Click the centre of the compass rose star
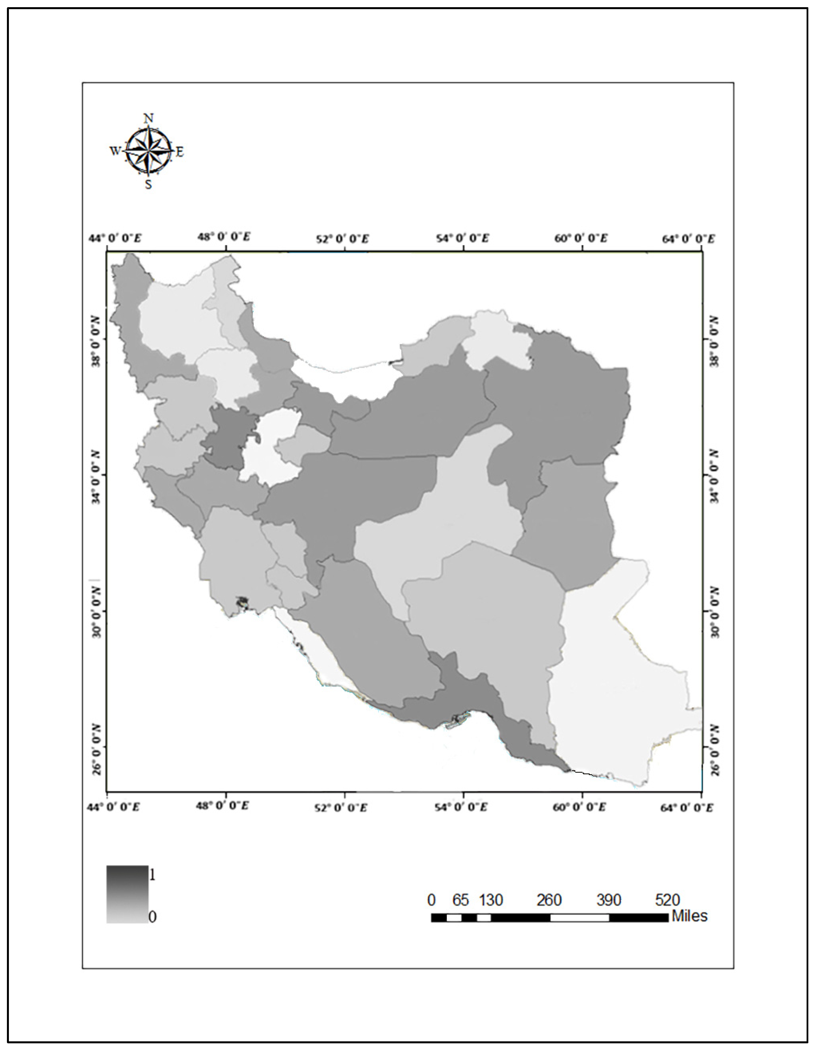(148, 151)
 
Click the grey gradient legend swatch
(127, 894)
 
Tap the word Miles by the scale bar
(689, 916)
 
